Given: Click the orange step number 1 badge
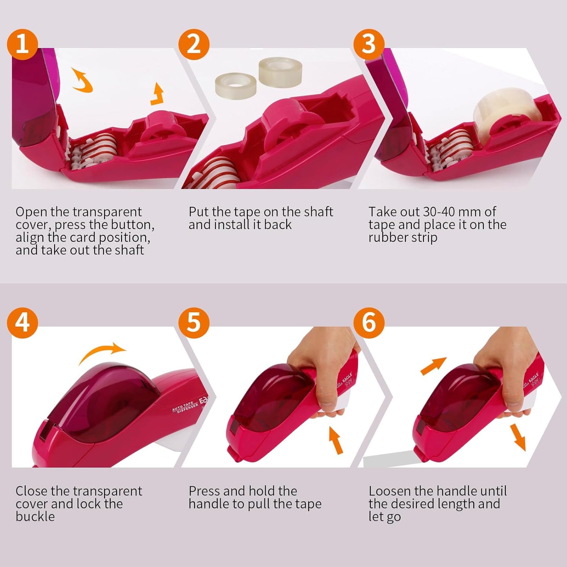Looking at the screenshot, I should coord(22,44).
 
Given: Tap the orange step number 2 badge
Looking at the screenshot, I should coord(194,44).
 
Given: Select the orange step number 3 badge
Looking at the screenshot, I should coord(368,44).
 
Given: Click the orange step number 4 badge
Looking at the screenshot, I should coord(22,323).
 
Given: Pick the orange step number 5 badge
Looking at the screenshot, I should coord(194,323).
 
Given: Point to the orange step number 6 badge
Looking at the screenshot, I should coord(368,323).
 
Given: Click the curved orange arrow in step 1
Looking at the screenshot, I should coord(82,80).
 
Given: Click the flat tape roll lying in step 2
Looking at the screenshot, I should coord(235,83).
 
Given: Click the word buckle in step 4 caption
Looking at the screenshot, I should coord(35,516).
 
